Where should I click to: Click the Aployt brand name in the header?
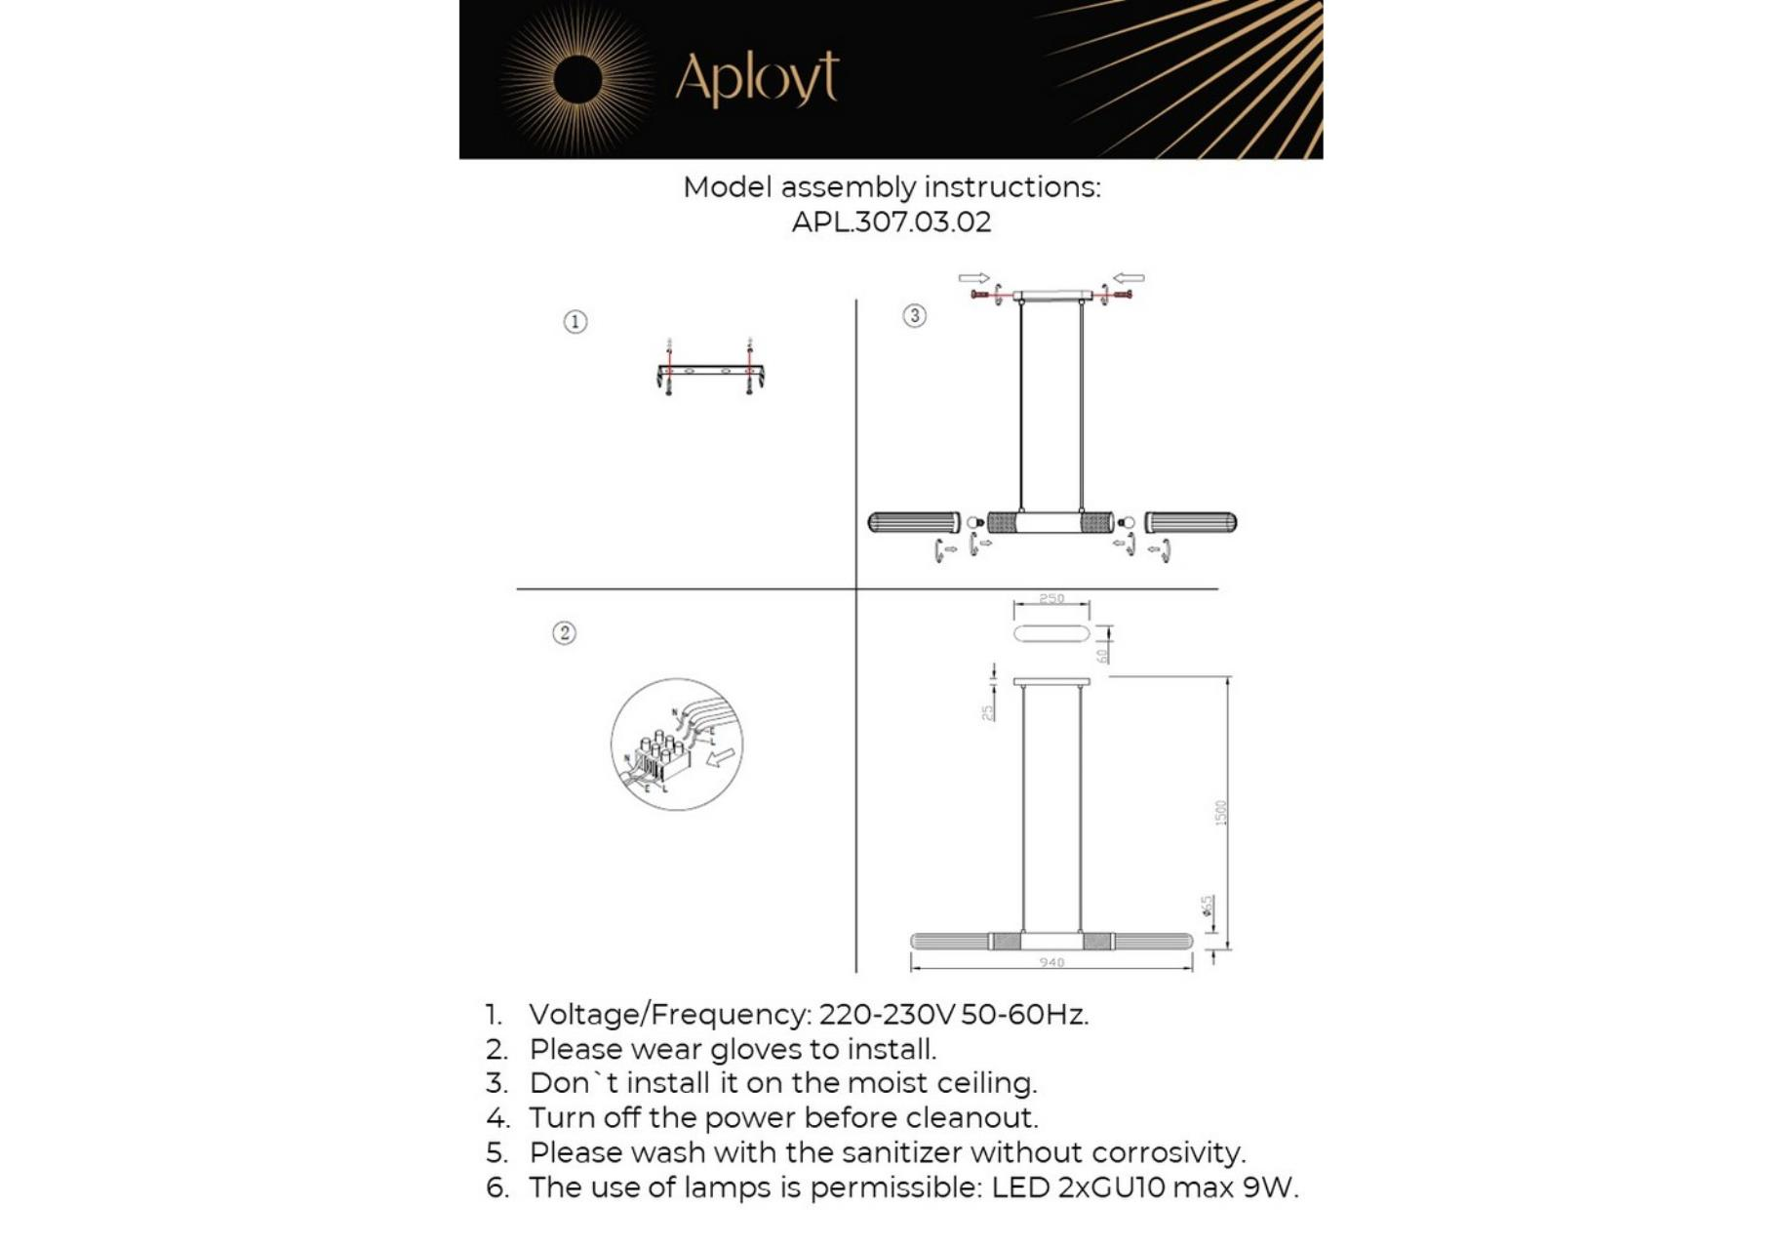pyautogui.click(x=756, y=78)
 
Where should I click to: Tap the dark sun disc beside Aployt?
pyautogui.click(x=577, y=79)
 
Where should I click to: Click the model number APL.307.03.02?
pyautogui.click(x=891, y=222)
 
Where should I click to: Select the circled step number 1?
pyautogui.click(x=575, y=322)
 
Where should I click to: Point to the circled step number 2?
pyautogui.click(x=564, y=633)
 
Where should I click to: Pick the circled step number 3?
pyautogui.click(x=914, y=316)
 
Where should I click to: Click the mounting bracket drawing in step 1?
pyautogui.click(x=710, y=373)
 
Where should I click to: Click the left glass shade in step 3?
pyautogui.click(x=914, y=523)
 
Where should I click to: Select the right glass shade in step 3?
pyautogui.click(x=1191, y=523)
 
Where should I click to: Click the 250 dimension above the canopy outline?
pyautogui.click(x=1051, y=598)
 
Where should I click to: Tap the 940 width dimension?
pyautogui.click(x=1051, y=963)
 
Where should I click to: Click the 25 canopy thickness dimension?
pyautogui.click(x=988, y=712)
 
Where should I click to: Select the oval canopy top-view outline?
pyautogui.click(x=1051, y=634)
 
